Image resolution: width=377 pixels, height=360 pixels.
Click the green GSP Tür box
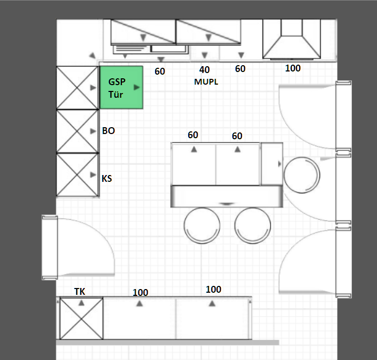pos(121,87)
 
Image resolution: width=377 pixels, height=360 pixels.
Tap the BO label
pos(108,131)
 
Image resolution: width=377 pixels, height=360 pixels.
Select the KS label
pos(107,179)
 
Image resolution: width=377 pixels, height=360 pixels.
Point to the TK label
pos(79,292)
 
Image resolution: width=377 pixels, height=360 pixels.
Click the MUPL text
pos(206,81)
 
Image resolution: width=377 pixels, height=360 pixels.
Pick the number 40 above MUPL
pos(205,70)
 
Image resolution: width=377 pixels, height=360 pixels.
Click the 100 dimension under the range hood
pos(292,68)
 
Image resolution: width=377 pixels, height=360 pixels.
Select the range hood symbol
pos(292,39)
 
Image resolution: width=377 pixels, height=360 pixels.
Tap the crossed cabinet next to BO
pos(77,131)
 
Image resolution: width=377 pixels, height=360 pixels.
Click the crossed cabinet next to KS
pos(77,174)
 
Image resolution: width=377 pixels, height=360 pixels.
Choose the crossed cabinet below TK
pos(81,318)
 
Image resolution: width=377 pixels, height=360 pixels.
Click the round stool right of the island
pos(302,175)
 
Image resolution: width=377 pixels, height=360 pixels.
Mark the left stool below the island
pos(202,225)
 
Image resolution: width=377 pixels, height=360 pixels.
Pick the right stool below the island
pos(252,225)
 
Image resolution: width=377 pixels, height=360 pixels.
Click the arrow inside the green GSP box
pos(137,87)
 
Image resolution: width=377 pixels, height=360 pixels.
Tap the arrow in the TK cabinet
pos(81,303)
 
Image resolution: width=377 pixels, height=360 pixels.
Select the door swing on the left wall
pos(81,247)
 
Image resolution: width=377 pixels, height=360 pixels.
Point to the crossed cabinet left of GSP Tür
pos(77,88)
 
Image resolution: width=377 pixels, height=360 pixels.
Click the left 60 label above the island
pos(193,135)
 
